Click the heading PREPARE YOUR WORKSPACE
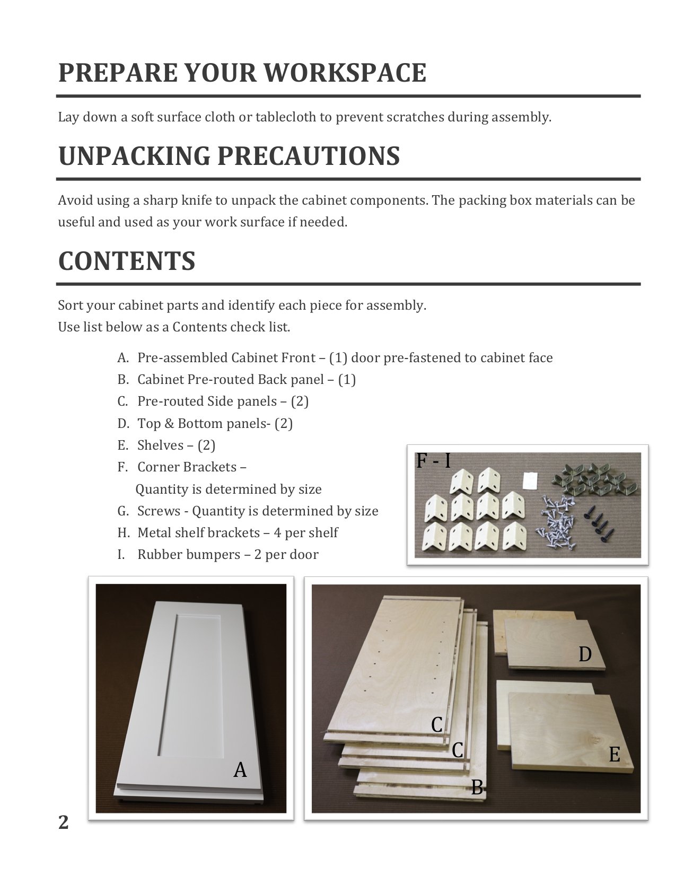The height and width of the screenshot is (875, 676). pos(242,73)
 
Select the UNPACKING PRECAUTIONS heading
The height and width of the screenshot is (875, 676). pos(229,156)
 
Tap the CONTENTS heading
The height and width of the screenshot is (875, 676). pos(127,261)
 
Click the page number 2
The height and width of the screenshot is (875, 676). pos(63,822)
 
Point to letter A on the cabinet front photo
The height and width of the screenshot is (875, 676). pos(240,769)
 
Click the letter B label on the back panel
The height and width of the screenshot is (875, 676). pos(477,787)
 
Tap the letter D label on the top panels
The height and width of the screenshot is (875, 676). pos(585,654)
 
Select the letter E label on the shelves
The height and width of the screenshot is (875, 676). pos(614,754)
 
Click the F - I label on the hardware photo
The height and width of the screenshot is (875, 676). pos(433,461)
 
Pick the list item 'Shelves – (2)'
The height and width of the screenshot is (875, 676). pos(176,445)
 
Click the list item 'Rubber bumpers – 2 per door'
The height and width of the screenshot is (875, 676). pos(227,555)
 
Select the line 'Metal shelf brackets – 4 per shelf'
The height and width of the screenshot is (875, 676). pos(237,532)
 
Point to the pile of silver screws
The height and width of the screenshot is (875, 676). pos(557,517)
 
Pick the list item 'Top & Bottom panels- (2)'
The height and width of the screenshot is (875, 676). pos(215,423)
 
